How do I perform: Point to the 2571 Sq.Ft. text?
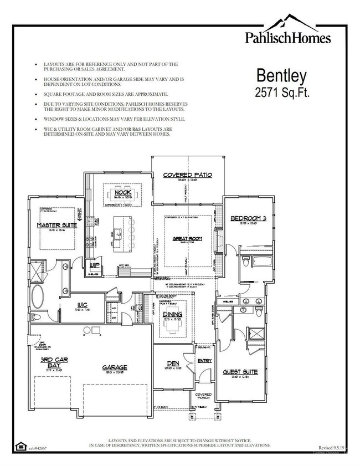pyautogui.click(x=282, y=92)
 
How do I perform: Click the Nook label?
pyautogui.click(x=122, y=192)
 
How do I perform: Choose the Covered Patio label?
pyautogui.click(x=187, y=175)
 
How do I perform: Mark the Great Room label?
pyautogui.click(x=187, y=239)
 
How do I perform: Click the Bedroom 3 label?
pyautogui.click(x=249, y=219)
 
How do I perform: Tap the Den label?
pyautogui.click(x=172, y=364)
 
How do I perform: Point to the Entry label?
pyautogui.click(x=204, y=361)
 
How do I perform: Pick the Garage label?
pyautogui.click(x=114, y=367)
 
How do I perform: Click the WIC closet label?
pyautogui.click(x=82, y=304)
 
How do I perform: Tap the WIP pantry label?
pyautogui.click(x=95, y=265)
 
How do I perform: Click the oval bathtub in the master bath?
pyautogui.click(x=39, y=298)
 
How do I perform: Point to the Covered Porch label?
pyautogui.click(x=203, y=397)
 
